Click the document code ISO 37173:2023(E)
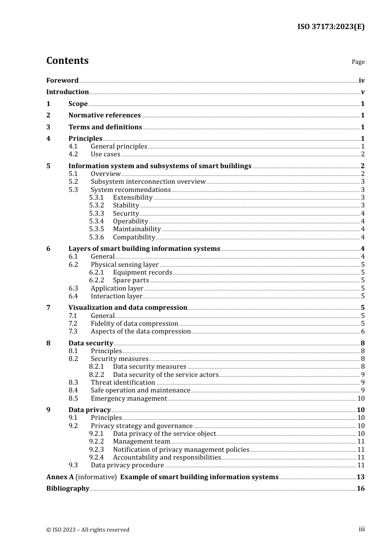(x=330, y=27)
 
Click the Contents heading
(x=67, y=61)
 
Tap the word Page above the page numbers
(x=358, y=62)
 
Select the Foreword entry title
(x=62, y=81)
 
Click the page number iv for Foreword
(x=362, y=81)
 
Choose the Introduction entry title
(x=68, y=92)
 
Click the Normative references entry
(x=104, y=115)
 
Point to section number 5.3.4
(x=97, y=221)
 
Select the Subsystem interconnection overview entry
(x=148, y=182)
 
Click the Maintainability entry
(x=137, y=229)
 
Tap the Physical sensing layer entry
(x=124, y=265)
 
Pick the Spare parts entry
(x=131, y=280)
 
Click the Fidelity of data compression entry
(x=134, y=324)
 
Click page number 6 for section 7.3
(x=363, y=331)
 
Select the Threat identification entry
(x=123, y=383)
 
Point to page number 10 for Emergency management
(x=361, y=399)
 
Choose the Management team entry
(x=141, y=442)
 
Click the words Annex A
(x=60, y=477)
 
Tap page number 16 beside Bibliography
(x=360, y=489)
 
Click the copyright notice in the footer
(x=88, y=530)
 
